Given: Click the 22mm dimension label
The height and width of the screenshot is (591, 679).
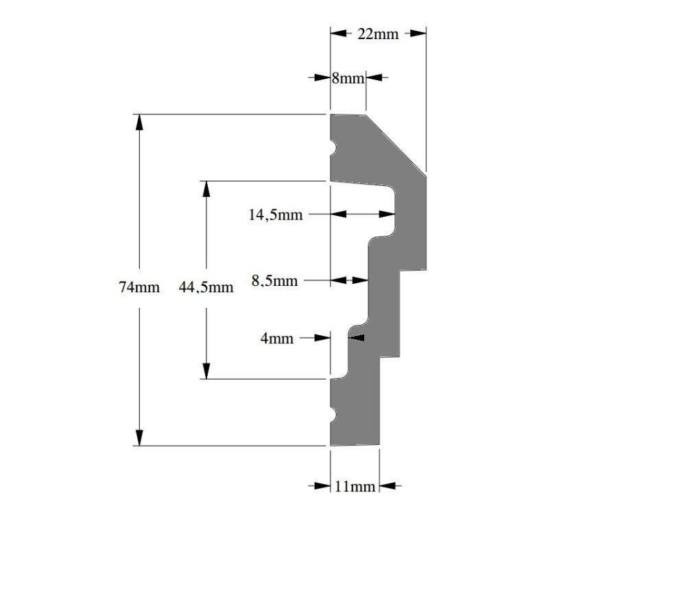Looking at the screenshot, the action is [x=378, y=34].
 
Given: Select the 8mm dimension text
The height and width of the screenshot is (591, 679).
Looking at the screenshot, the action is [x=348, y=78].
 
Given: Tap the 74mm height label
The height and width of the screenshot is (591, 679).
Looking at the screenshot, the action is [x=139, y=287].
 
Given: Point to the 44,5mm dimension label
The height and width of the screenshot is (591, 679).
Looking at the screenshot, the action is [x=206, y=287].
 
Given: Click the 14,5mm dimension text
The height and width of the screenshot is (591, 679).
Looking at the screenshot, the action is [x=276, y=215].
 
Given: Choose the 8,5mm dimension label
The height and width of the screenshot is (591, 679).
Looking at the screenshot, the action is [x=274, y=280].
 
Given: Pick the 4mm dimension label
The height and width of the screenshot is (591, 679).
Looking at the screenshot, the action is [x=276, y=338].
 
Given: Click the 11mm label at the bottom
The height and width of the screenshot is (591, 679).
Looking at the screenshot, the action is [x=355, y=487].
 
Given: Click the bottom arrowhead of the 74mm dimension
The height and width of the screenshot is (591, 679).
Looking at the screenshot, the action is [x=139, y=437].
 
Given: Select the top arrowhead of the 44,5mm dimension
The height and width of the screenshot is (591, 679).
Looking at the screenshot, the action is [x=206, y=189].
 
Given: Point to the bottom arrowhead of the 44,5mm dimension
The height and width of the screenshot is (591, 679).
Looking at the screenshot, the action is [x=206, y=371].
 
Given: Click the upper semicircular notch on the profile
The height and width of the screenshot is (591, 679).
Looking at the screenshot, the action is [x=333, y=147].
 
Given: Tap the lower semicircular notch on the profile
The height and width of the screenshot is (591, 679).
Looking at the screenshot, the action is [x=333, y=414].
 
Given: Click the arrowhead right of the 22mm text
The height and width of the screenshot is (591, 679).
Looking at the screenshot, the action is [x=418, y=34].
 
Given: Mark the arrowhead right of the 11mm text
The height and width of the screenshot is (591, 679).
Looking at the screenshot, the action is [x=388, y=486].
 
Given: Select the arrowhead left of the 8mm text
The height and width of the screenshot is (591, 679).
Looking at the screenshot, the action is [x=322, y=78].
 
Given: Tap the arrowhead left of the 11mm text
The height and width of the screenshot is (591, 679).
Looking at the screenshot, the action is [x=322, y=486].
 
